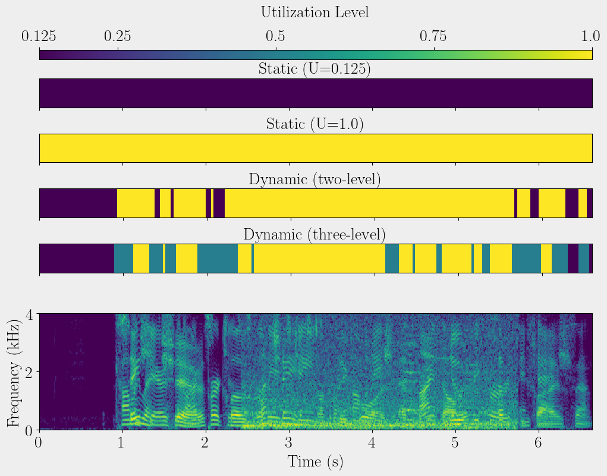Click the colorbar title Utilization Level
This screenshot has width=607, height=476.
pos(314,12)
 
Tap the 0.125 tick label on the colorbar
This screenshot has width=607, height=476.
pos(39,36)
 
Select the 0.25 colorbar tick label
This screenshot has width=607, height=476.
pos(118,36)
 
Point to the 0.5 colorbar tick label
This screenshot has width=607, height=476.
pos(275,36)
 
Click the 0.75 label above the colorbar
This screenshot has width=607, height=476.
pos(434,36)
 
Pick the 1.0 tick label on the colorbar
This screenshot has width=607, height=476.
pos(591,36)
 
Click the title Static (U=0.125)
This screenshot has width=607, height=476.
pos(314,69)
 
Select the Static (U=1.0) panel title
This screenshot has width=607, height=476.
pos(314,124)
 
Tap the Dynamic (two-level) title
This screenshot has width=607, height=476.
pos(314,179)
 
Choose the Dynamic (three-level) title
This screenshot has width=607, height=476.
pos(314,234)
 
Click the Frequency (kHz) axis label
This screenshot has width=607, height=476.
pos(13,371)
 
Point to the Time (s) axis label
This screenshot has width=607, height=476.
pos(314,462)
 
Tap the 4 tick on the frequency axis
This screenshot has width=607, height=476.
pos(27,314)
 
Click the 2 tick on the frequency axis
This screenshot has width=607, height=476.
pos(27,372)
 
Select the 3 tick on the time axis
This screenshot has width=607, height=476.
pos(288,442)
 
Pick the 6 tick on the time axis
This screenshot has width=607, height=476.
pos(538,442)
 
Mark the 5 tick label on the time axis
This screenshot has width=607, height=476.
pos(455,442)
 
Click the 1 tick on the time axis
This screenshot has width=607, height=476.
pos(122,442)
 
